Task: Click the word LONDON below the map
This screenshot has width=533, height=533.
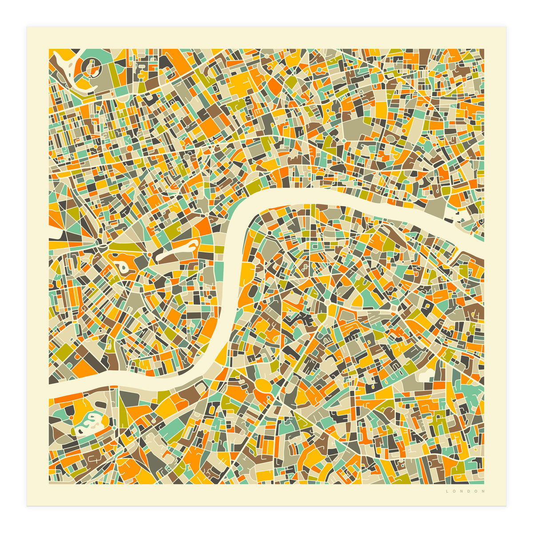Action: click(465, 491)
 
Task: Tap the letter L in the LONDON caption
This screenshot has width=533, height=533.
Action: click(447, 491)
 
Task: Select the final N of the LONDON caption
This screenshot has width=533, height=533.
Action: click(484, 491)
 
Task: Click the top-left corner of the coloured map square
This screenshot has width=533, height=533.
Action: click(49, 49)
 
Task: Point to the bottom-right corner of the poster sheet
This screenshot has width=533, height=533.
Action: click(506, 506)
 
